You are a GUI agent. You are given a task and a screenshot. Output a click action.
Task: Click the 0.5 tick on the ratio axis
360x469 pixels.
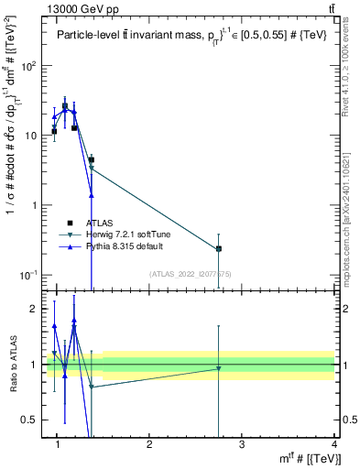click(30, 419)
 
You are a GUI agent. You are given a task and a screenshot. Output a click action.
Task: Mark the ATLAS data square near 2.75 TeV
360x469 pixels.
click(218, 248)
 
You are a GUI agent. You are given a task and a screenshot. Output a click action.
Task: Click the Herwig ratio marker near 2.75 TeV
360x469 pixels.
click(218, 368)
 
